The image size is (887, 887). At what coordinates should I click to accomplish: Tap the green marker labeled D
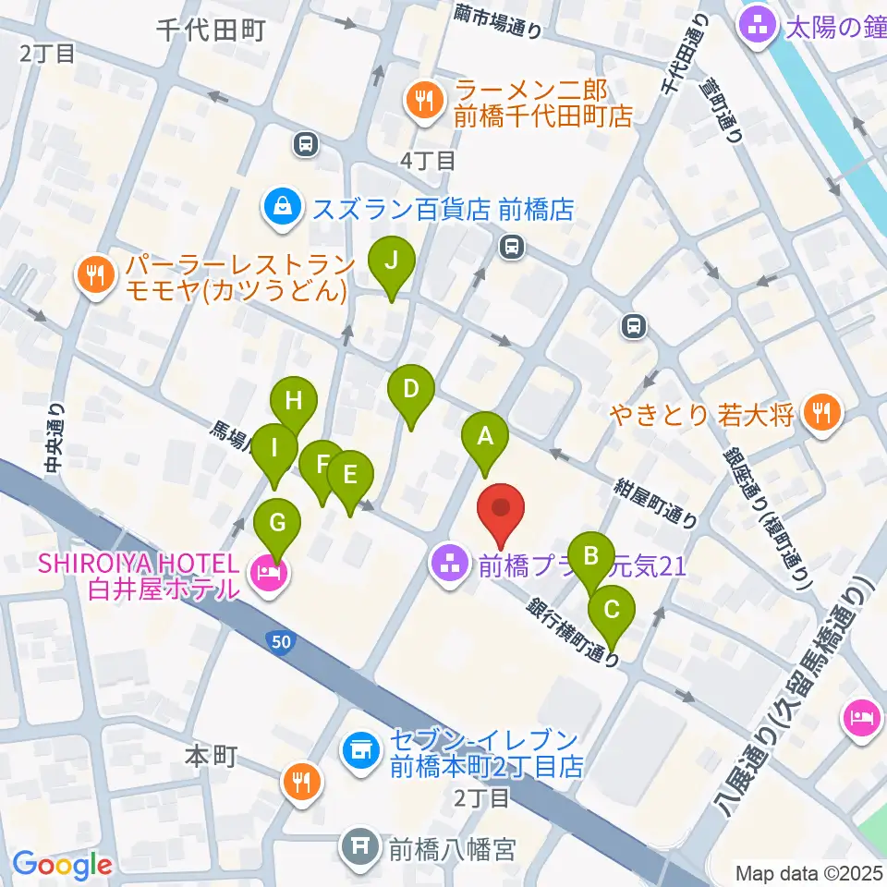(x=410, y=390)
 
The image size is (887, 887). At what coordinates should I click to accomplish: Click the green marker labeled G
(x=277, y=522)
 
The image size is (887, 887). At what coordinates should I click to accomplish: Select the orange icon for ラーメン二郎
(x=425, y=101)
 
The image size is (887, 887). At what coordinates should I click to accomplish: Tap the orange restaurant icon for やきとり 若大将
(x=820, y=412)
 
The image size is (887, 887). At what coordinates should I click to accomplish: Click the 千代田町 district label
(x=211, y=30)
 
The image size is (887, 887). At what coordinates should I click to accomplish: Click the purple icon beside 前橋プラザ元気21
(x=450, y=565)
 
